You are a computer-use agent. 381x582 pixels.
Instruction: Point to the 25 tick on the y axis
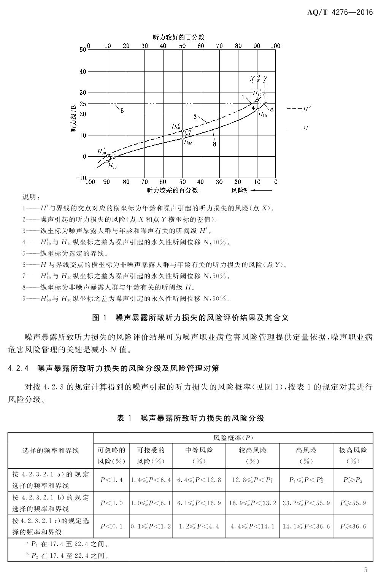(83, 104)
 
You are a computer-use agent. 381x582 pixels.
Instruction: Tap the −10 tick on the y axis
(81, 178)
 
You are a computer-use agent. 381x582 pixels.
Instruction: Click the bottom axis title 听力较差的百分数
(172, 190)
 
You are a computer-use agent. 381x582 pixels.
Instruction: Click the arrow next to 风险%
(262, 190)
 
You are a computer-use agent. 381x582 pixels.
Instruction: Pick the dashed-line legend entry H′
(299, 109)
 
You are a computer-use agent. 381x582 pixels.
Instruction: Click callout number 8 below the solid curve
(214, 144)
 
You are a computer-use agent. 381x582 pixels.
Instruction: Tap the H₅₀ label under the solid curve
(188, 143)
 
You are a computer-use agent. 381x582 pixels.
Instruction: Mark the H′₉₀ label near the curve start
(102, 151)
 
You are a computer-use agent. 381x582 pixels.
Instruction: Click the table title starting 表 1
(190, 418)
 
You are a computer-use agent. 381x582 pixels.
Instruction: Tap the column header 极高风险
(352, 451)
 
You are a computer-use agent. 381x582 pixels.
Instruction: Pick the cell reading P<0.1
(111, 526)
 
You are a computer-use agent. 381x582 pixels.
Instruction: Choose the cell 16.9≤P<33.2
(252, 503)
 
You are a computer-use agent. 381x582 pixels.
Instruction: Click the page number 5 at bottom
(365, 569)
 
